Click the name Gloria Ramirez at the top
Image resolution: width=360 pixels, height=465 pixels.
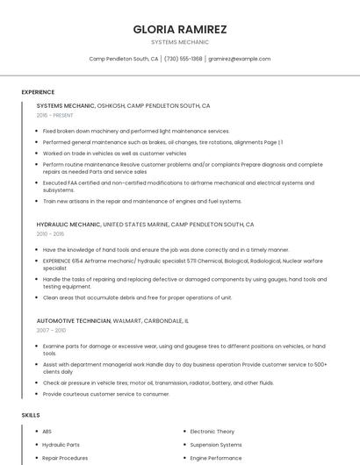pos(179,29)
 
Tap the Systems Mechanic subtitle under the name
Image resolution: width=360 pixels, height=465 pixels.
pos(179,42)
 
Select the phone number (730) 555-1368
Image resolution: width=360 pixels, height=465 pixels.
pos(183,59)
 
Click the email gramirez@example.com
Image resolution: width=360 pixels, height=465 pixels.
pos(239,59)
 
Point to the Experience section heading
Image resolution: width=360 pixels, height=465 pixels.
pos(38,92)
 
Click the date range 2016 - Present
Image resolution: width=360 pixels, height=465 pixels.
pos(56,115)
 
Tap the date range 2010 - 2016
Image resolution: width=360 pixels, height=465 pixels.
pos(50,234)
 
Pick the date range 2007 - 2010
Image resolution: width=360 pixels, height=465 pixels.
pos(51,331)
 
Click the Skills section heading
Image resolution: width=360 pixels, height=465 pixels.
pos(31,414)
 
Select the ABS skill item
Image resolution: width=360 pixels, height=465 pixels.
pos(47,432)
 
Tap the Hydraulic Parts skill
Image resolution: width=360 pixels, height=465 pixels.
pos(61,445)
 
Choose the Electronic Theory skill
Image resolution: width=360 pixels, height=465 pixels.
pos(212,432)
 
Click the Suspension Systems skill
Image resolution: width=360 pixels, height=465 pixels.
pos(216,445)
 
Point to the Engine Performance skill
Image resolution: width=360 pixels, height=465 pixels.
pos(216,458)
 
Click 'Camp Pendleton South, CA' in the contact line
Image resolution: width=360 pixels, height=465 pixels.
pos(124,59)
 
